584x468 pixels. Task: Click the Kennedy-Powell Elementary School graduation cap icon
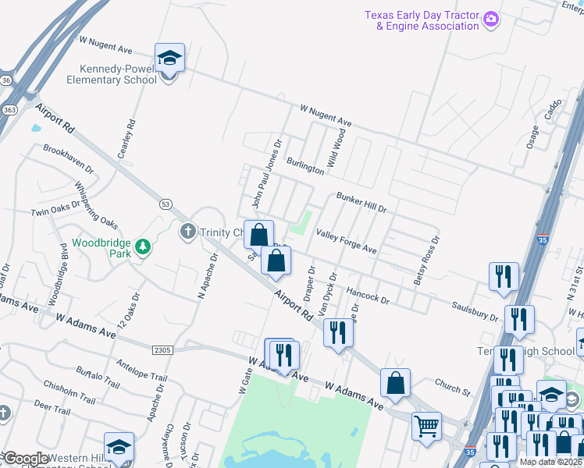(x=169, y=58)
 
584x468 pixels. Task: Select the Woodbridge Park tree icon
(x=142, y=247)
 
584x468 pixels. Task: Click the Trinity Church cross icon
(x=187, y=232)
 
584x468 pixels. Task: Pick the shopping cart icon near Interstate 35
(x=426, y=426)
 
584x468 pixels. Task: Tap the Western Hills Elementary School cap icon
(x=119, y=447)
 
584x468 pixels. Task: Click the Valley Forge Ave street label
(x=346, y=241)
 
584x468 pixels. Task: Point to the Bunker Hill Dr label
(x=361, y=204)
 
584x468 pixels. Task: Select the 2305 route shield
(x=162, y=350)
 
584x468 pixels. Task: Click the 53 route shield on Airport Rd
(x=165, y=204)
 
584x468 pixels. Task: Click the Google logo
(x=26, y=459)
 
